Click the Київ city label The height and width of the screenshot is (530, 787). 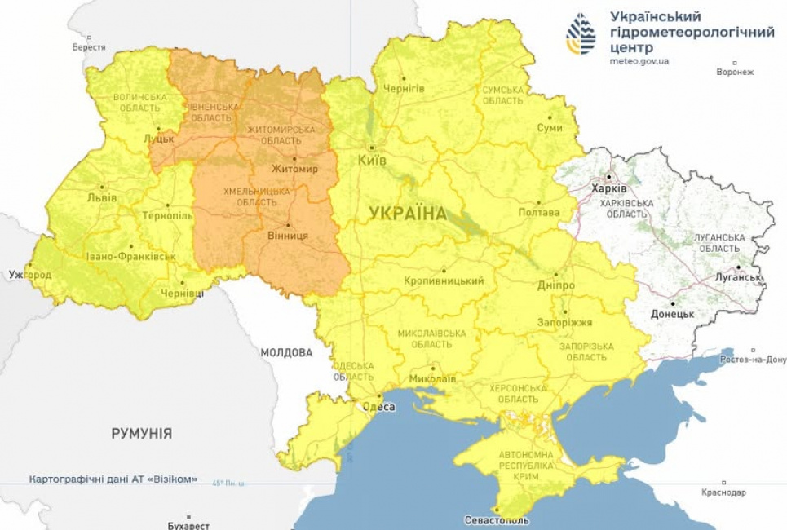tap(372, 161)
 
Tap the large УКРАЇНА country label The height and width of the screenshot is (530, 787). tap(408, 214)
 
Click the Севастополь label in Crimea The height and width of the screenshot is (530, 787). tap(496, 519)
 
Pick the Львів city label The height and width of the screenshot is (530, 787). tap(102, 198)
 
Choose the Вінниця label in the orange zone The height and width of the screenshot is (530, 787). tap(288, 235)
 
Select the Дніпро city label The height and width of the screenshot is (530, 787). tap(556, 286)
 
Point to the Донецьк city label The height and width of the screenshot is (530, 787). tap(672, 313)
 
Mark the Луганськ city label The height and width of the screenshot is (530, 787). tap(739, 277)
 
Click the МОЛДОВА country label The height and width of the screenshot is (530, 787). tap(286, 353)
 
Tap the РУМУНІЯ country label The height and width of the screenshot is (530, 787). tap(142, 433)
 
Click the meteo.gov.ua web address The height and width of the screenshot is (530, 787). tap(639, 61)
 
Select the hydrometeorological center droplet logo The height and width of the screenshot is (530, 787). tap(581, 33)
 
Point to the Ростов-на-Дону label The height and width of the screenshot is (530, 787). tap(752, 360)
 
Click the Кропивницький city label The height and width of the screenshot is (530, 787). tap(444, 280)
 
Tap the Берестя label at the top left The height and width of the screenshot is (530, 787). tap(89, 47)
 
